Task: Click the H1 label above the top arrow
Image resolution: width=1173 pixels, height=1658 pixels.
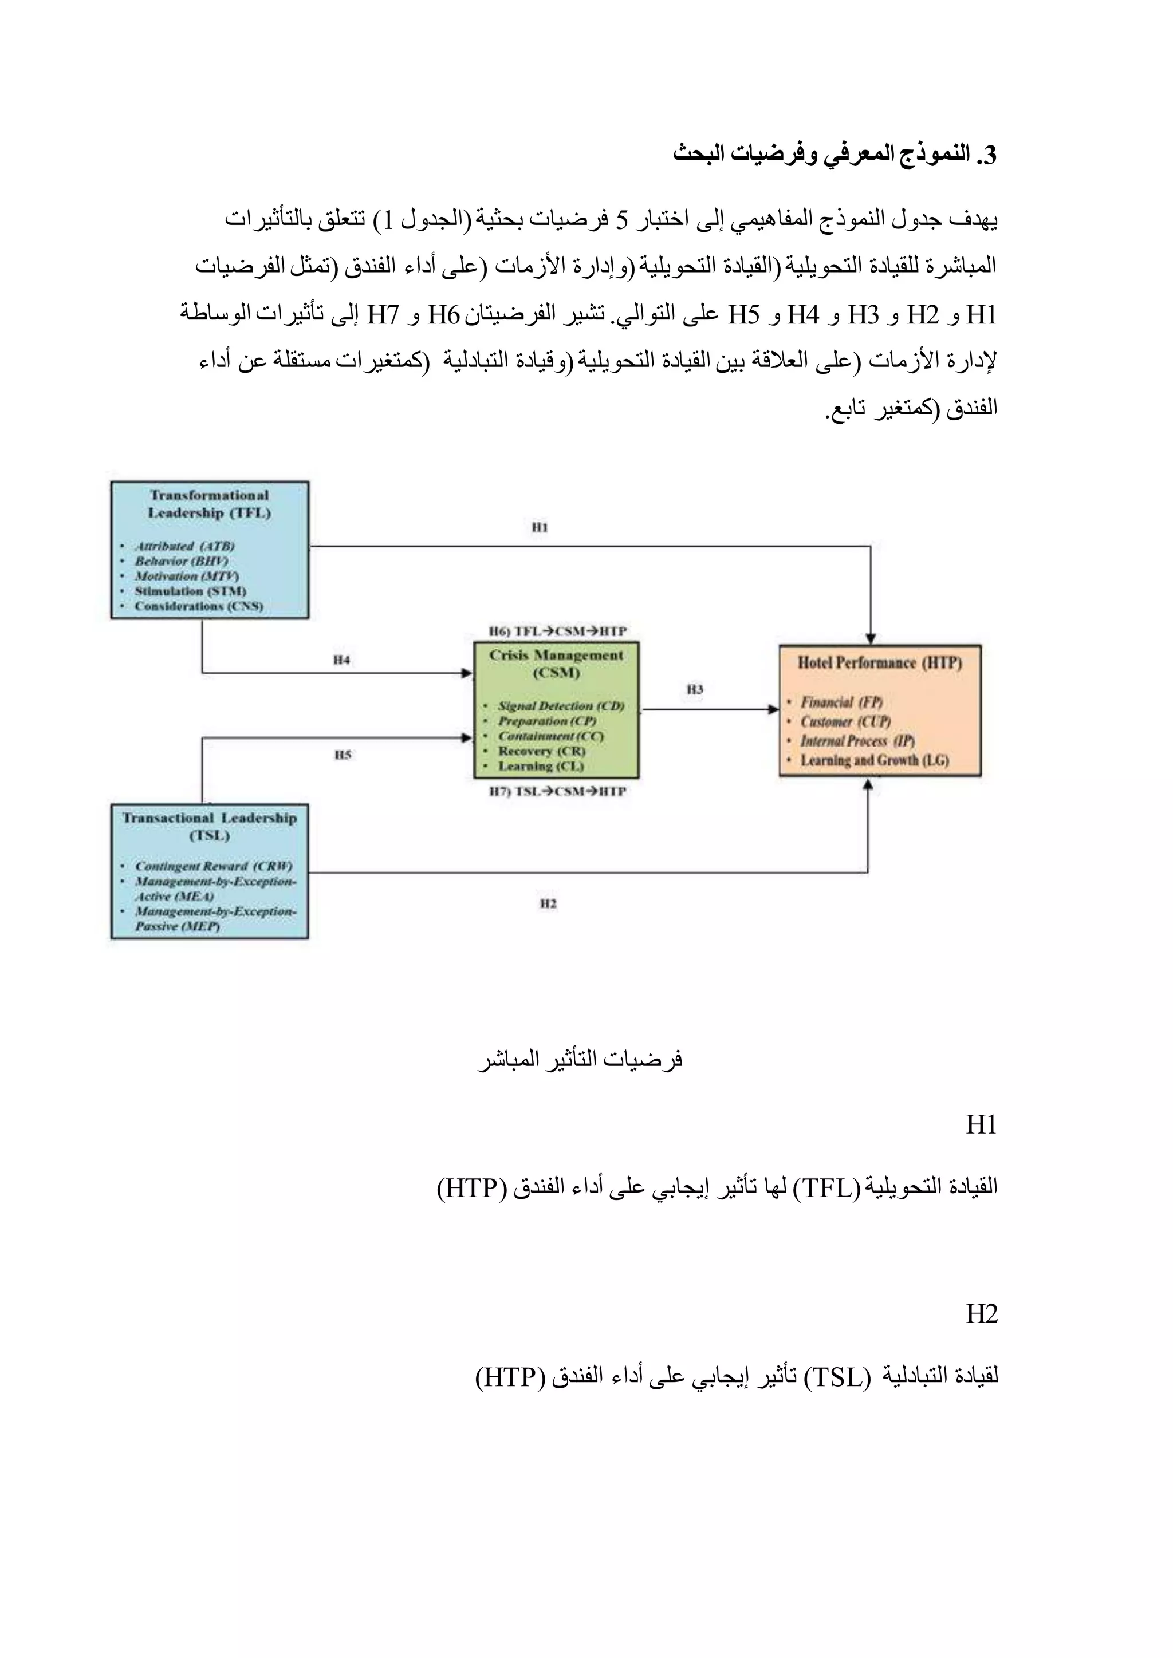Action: click(x=540, y=527)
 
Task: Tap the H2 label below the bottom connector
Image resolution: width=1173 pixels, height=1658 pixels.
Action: click(x=548, y=903)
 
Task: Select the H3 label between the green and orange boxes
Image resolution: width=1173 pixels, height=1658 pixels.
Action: click(x=694, y=690)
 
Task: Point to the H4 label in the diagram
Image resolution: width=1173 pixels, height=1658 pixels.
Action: click(x=341, y=660)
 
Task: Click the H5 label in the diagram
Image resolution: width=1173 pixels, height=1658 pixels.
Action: click(x=343, y=755)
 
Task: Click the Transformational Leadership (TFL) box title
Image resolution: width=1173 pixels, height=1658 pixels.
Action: click(x=210, y=504)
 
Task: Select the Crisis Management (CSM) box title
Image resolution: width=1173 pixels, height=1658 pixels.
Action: click(x=556, y=664)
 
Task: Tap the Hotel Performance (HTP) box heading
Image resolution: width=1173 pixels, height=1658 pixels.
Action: click(x=879, y=662)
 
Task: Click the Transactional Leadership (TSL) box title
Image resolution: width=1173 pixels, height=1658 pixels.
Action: click(x=210, y=826)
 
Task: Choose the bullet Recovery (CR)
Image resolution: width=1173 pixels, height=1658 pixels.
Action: click(x=541, y=751)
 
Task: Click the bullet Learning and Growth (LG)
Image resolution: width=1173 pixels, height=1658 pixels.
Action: click(x=874, y=760)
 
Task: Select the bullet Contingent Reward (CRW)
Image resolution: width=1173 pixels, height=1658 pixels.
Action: click(x=213, y=866)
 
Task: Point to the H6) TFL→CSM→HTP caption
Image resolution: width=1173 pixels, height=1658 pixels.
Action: click(x=557, y=631)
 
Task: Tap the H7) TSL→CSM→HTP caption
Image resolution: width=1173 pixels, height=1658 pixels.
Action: click(x=557, y=791)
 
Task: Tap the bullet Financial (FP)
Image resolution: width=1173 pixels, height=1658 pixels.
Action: click(x=841, y=702)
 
